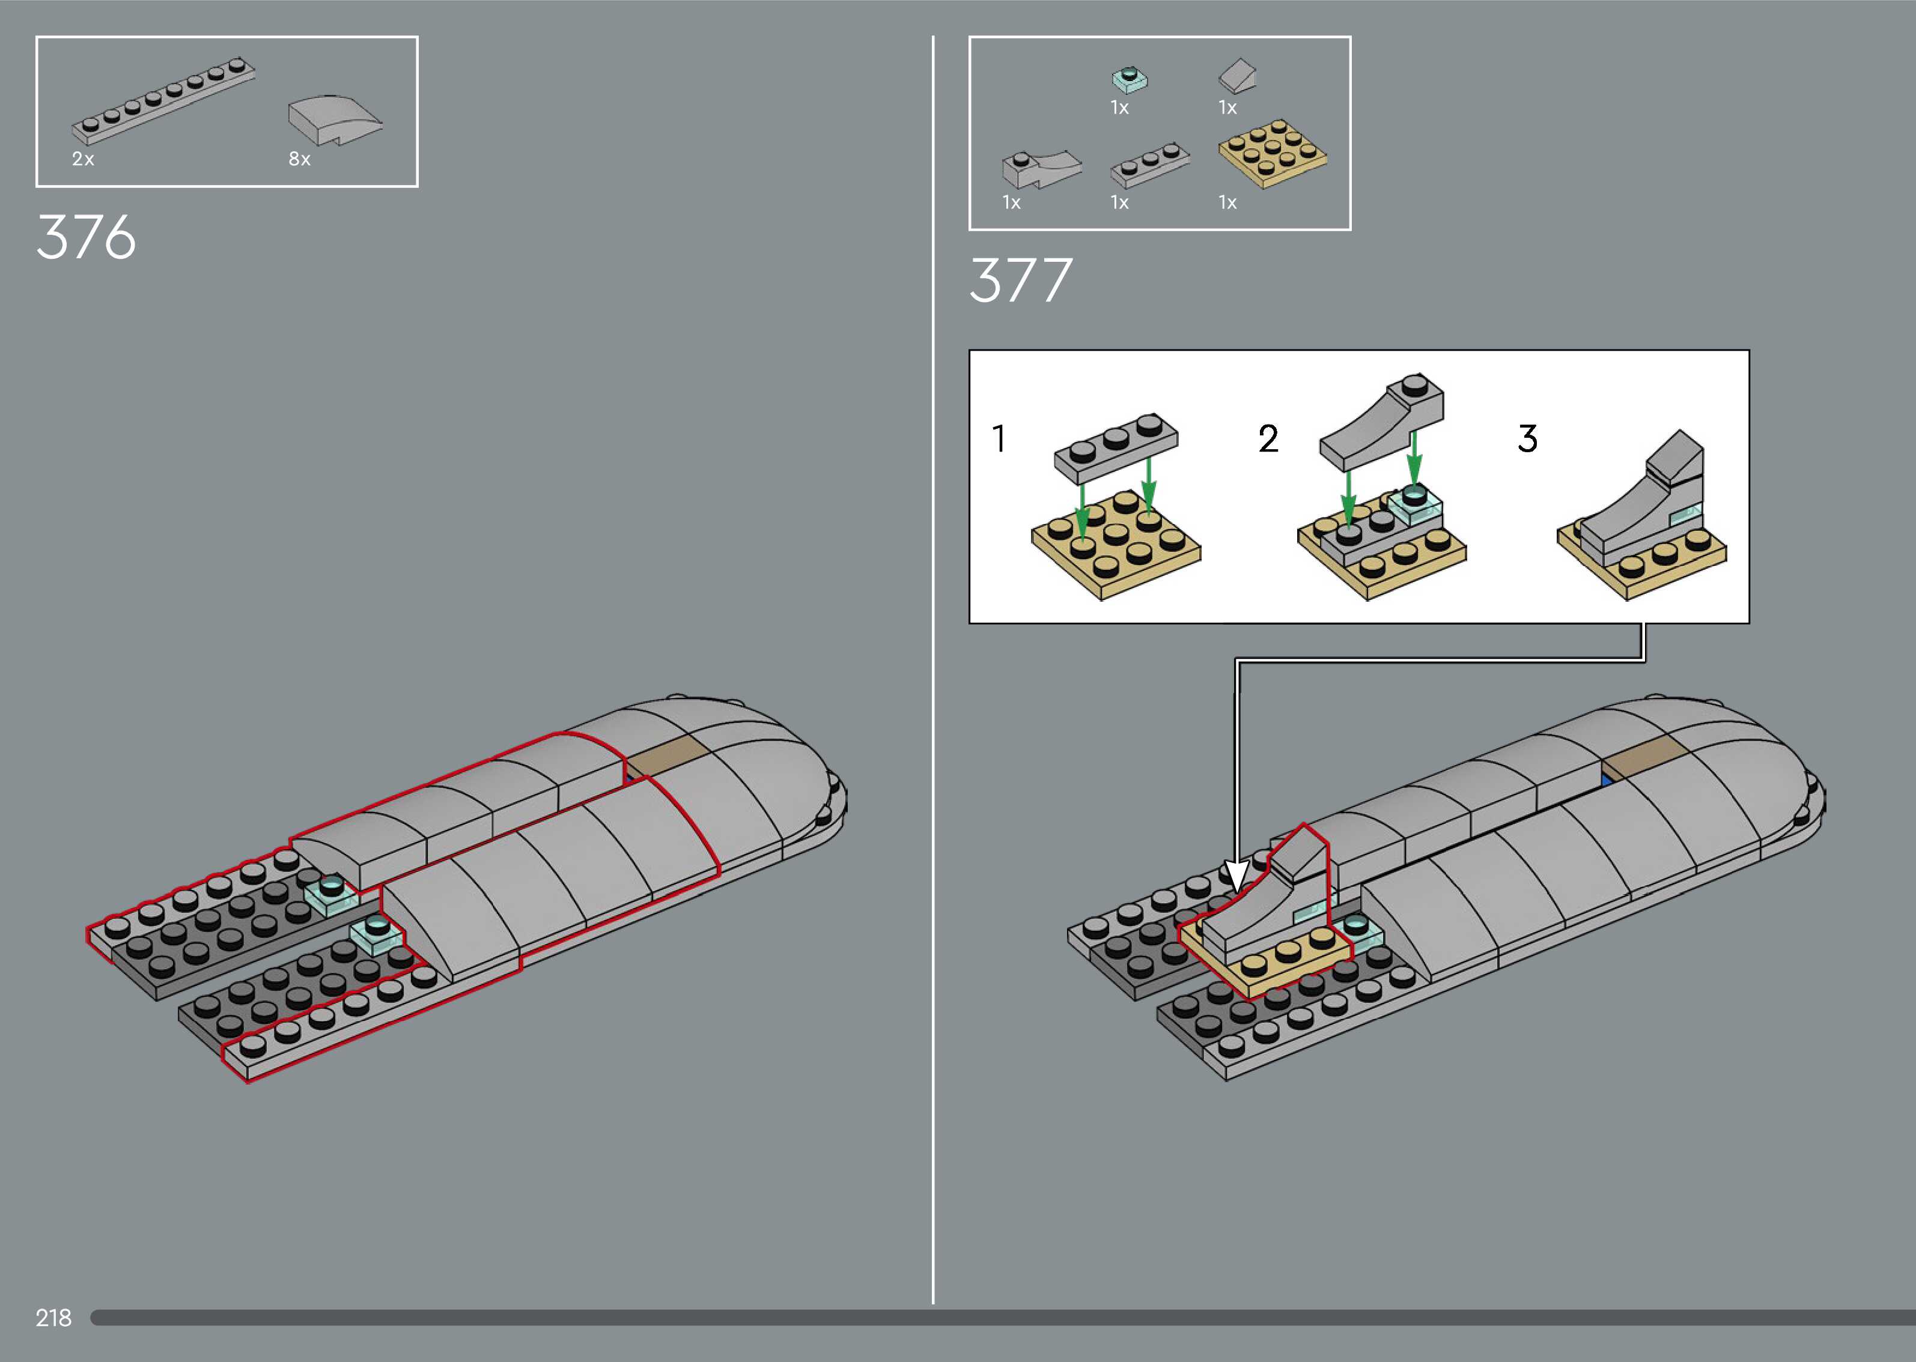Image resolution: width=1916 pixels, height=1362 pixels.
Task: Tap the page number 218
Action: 53,1318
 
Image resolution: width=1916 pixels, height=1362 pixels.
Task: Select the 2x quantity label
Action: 83,159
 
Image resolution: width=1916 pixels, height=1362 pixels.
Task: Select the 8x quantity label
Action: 299,159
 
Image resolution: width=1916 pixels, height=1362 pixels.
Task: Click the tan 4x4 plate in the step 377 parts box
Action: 1272,153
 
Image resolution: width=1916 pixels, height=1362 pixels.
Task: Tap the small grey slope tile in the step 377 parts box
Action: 1237,76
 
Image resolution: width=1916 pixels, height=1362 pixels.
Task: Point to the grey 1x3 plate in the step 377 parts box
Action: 1149,165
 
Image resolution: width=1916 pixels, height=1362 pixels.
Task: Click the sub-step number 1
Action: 999,438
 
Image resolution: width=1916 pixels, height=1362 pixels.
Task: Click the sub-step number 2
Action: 1268,438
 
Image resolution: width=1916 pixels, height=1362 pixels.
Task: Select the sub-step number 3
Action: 1528,438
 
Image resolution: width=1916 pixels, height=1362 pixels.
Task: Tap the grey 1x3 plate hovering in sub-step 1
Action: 1116,448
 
